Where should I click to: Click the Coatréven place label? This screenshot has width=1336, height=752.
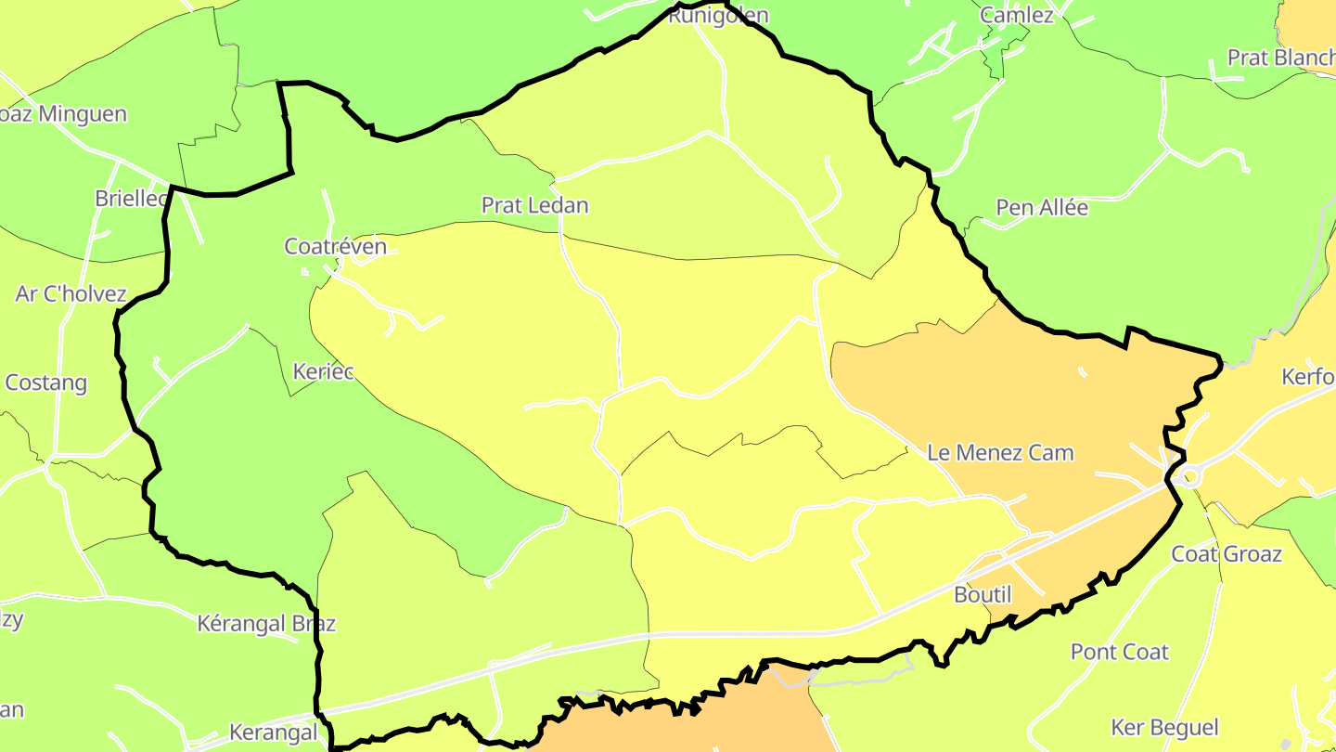coord(335,246)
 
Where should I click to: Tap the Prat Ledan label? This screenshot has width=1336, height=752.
coord(534,205)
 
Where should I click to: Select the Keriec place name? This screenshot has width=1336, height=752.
coord(323,371)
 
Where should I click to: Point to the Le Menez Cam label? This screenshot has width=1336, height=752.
coord(1000,453)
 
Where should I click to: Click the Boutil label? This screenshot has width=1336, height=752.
coord(983,594)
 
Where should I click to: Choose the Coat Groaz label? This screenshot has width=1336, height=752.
coord(1226,554)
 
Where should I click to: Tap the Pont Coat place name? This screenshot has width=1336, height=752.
coord(1119,652)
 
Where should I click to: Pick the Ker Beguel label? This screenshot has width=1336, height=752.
coord(1164,727)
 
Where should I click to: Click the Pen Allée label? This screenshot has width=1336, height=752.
coord(1042,207)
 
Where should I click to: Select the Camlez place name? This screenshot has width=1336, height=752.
coord(1016,15)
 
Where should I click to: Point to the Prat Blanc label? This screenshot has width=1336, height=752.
coord(1280,58)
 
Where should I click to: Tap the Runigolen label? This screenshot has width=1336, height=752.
coord(718,15)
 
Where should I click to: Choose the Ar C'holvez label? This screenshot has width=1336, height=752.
coord(71,294)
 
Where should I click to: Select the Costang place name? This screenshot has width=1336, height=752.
coord(46,382)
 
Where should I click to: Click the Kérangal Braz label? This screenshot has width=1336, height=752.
coord(266,623)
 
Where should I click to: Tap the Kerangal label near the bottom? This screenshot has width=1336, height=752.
coord(273,733)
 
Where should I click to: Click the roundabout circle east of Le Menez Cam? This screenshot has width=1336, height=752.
coord(1188,476)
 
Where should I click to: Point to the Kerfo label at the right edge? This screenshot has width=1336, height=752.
coord(1307,377)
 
